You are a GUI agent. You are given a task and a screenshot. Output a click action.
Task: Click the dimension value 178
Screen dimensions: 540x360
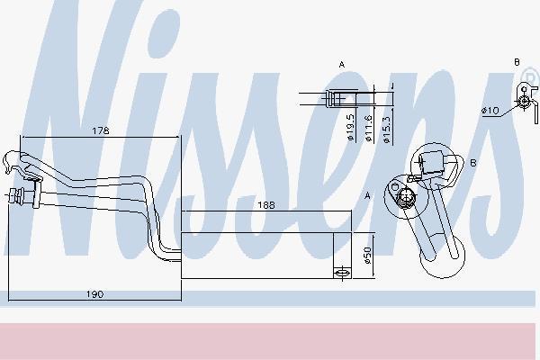(x=101, y=130)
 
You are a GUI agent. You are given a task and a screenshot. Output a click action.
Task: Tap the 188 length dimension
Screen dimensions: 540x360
(x=266, y=205)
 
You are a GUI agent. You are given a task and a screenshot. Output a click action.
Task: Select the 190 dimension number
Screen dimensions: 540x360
(x=94, y=294)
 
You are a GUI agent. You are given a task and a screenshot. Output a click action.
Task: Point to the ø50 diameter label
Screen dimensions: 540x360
(x=368, y=256)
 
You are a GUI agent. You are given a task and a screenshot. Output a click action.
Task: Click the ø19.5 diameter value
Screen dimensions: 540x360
(x=351, y=127)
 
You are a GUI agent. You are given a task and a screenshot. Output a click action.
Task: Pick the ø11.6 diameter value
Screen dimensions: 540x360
(x=368, y=128)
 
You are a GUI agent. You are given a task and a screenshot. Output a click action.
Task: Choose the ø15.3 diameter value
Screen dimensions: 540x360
(x=386, y=130)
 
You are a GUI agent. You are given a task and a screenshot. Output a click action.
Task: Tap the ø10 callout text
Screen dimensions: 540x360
(x=490, y=110)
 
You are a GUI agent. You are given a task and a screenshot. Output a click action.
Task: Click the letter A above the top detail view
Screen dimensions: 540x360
(x=342, y=65)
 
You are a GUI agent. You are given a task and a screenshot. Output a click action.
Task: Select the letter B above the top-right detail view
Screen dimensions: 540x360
(x=517, y=62)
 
